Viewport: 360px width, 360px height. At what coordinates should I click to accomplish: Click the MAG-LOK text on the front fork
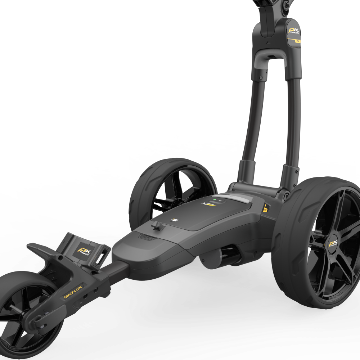click(73, 292)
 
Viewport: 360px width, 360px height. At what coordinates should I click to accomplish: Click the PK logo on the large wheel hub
click(332, 245)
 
